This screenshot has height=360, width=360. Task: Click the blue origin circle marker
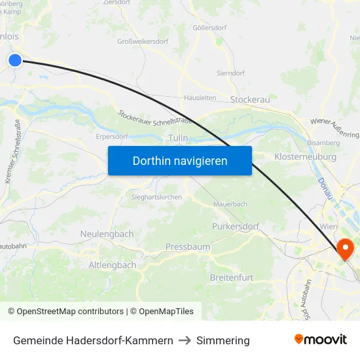(15, 60)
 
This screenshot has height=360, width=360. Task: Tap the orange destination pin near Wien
(344, 249)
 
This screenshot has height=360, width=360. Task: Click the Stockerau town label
(250, 99)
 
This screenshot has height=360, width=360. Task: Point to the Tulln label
(178, 138)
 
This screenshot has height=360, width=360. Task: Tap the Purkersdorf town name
(236, 226)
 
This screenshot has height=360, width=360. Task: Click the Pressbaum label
(188, 247)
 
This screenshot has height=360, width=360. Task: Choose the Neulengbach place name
(107, 234)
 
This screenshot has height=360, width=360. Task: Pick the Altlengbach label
(113, 265)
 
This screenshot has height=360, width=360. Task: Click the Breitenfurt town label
(231, 278)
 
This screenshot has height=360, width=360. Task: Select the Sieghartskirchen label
(156, 196)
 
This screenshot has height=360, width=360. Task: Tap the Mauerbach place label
(230, 204)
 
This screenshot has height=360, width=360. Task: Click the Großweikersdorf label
(143, 41)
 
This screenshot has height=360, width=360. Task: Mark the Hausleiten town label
(200, 98)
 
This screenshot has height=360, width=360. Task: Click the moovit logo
(321, 340)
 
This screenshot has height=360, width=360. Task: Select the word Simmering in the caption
(223, 340)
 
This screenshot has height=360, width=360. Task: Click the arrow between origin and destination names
(185, 340)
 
